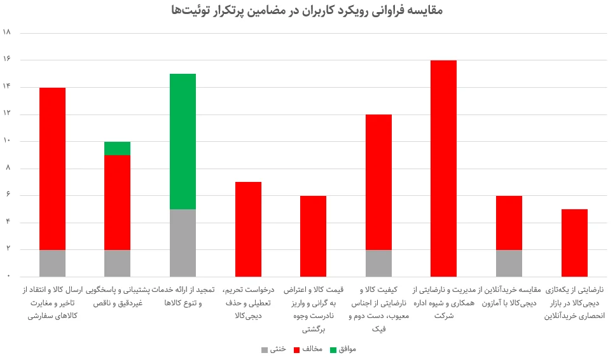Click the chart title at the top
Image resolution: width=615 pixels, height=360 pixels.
point(307,11)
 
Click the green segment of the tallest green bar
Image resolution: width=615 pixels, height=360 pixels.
point(183,141)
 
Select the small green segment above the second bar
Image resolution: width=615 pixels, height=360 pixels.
point(117,148)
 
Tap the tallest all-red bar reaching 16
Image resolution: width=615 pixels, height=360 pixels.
point(443,169)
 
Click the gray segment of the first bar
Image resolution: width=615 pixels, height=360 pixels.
point(52,263)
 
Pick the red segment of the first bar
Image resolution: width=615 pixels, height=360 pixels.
point(52,169)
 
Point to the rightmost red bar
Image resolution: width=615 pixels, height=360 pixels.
point(574,243)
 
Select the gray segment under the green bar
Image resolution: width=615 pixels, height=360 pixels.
point(183,243)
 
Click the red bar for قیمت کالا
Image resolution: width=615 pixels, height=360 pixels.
point(313,236)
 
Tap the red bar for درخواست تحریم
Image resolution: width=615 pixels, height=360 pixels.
point(248,229)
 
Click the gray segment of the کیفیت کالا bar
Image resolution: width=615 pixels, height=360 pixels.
point(378,263)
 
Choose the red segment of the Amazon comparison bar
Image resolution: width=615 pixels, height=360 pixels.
point(509,223)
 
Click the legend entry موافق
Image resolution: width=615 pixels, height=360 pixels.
point(343,349)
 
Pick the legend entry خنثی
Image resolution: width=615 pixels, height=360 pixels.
point(273,349)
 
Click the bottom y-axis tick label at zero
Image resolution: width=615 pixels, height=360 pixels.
point(9,277)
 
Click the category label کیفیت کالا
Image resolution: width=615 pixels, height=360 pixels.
point(378,309)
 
